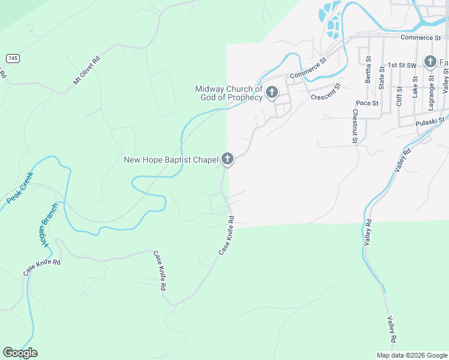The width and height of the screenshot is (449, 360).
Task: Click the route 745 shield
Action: tap(13, 58)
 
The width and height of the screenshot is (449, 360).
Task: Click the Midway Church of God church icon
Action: tap(272, 92)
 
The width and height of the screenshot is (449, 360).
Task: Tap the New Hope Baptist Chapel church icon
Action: tap(227, 159)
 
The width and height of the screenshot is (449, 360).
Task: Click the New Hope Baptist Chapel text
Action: tap(170, 160)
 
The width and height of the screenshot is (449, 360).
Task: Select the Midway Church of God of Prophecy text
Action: tap(229, 93)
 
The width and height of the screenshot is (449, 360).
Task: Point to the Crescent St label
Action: tap(326, 92)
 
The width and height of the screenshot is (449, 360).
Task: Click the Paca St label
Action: tap(367, 103)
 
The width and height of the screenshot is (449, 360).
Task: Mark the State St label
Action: tap(382, 77)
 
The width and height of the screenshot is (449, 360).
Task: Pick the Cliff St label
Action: tap(399, 96)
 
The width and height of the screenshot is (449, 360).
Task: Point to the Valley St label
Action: tap(445, 80)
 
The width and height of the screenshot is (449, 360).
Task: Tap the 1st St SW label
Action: tap(402, 64)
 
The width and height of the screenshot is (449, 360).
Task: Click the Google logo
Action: tap(20, 353)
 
